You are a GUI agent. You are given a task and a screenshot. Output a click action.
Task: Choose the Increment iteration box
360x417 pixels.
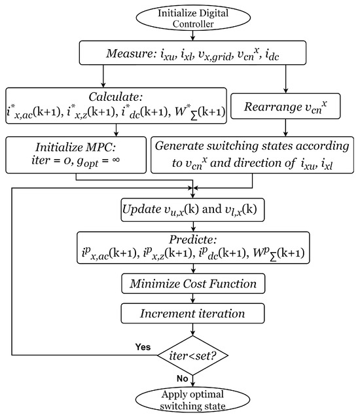coord(190,314)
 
